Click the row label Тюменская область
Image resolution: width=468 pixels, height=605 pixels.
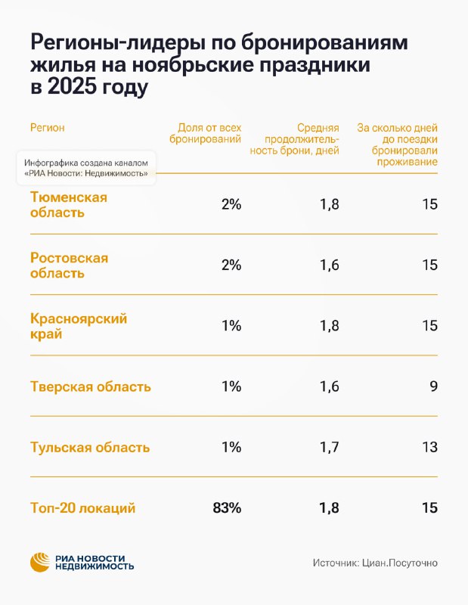point(69,204)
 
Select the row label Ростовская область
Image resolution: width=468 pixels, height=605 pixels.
point(69,265)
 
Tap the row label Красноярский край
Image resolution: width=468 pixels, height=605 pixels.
point(79,326)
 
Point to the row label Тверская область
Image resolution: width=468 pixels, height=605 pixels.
point(90,386)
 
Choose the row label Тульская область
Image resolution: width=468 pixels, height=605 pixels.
point(90,447)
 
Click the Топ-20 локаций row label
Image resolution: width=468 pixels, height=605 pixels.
point(82,507)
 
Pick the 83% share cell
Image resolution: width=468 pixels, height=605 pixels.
point(227,507)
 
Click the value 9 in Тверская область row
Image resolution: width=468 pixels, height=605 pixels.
point(434,386)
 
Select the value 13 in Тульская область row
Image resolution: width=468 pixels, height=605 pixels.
point(429,447)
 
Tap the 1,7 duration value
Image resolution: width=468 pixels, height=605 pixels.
point(329,447)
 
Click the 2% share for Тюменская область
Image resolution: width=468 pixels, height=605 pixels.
point(231,204)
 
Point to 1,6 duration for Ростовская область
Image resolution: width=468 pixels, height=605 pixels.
point(329,265)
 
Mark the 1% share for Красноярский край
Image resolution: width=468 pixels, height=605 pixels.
point(231,326)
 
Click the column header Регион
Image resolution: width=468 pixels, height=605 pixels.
point(47,128)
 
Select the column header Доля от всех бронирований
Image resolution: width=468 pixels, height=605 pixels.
point(205,133)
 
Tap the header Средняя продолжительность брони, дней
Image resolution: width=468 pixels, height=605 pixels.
point(294,139)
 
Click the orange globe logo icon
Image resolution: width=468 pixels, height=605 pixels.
point(40,562)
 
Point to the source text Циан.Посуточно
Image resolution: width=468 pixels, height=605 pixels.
point(400,563)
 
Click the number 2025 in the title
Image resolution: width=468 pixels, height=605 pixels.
point(72,86)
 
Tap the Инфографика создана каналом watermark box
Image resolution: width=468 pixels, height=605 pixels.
point(86,168)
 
